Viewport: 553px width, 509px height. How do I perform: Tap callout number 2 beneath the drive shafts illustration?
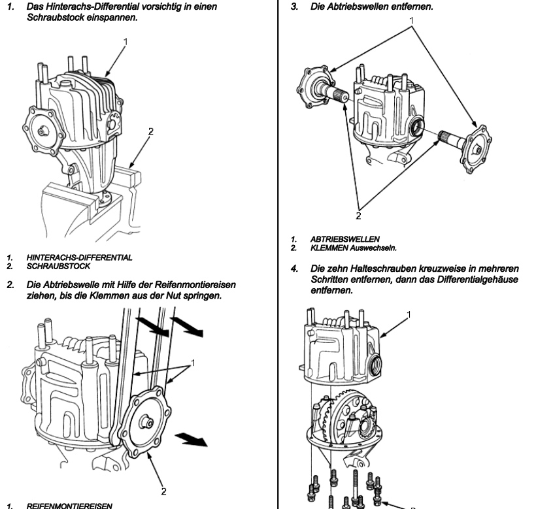(358, 214)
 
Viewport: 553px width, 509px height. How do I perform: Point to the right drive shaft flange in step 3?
(477, 150)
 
